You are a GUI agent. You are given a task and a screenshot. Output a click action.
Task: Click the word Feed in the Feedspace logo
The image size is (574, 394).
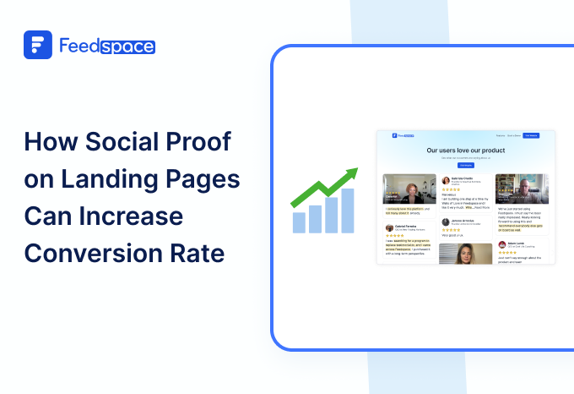point(79,46)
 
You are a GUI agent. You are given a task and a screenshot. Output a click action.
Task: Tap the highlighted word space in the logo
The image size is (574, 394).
point(127,46)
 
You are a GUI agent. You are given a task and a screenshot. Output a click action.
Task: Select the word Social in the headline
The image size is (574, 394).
point(123,142)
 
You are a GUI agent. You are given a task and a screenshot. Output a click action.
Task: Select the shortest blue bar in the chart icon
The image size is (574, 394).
point(298,222)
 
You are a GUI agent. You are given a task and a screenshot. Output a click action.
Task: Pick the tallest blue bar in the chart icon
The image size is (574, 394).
point(348,211)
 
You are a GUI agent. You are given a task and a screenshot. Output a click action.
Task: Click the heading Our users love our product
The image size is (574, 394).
point(466,150)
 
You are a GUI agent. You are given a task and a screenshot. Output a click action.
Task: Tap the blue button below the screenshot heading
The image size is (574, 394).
point(466,165)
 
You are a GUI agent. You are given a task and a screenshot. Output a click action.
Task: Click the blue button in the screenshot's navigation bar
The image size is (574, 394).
point(531,135)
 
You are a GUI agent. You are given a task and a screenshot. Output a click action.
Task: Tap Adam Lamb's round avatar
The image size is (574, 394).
point(501,244)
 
